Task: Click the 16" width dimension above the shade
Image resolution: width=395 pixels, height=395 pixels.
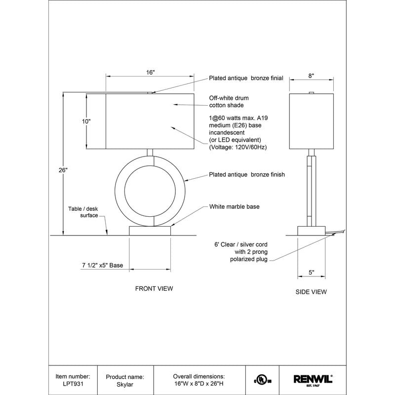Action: point(151,72)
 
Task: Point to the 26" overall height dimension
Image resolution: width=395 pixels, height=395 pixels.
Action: point(63,170)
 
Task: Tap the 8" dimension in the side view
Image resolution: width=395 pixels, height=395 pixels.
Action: point(311,76)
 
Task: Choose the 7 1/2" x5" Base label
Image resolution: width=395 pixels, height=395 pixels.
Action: point(102,265)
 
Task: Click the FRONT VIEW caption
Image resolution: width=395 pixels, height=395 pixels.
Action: point(154,288)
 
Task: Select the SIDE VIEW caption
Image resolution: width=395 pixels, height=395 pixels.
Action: point(311,292)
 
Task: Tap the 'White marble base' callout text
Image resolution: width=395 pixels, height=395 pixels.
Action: point(234,206)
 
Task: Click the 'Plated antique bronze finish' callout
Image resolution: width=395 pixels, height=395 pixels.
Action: point(247,174)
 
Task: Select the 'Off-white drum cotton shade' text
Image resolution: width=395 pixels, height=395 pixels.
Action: point(227,102)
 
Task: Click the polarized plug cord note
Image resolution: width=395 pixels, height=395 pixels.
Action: point(240,252)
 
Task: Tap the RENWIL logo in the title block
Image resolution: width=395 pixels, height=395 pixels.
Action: point(313,379)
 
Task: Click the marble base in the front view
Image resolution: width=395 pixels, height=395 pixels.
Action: point(150,231)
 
